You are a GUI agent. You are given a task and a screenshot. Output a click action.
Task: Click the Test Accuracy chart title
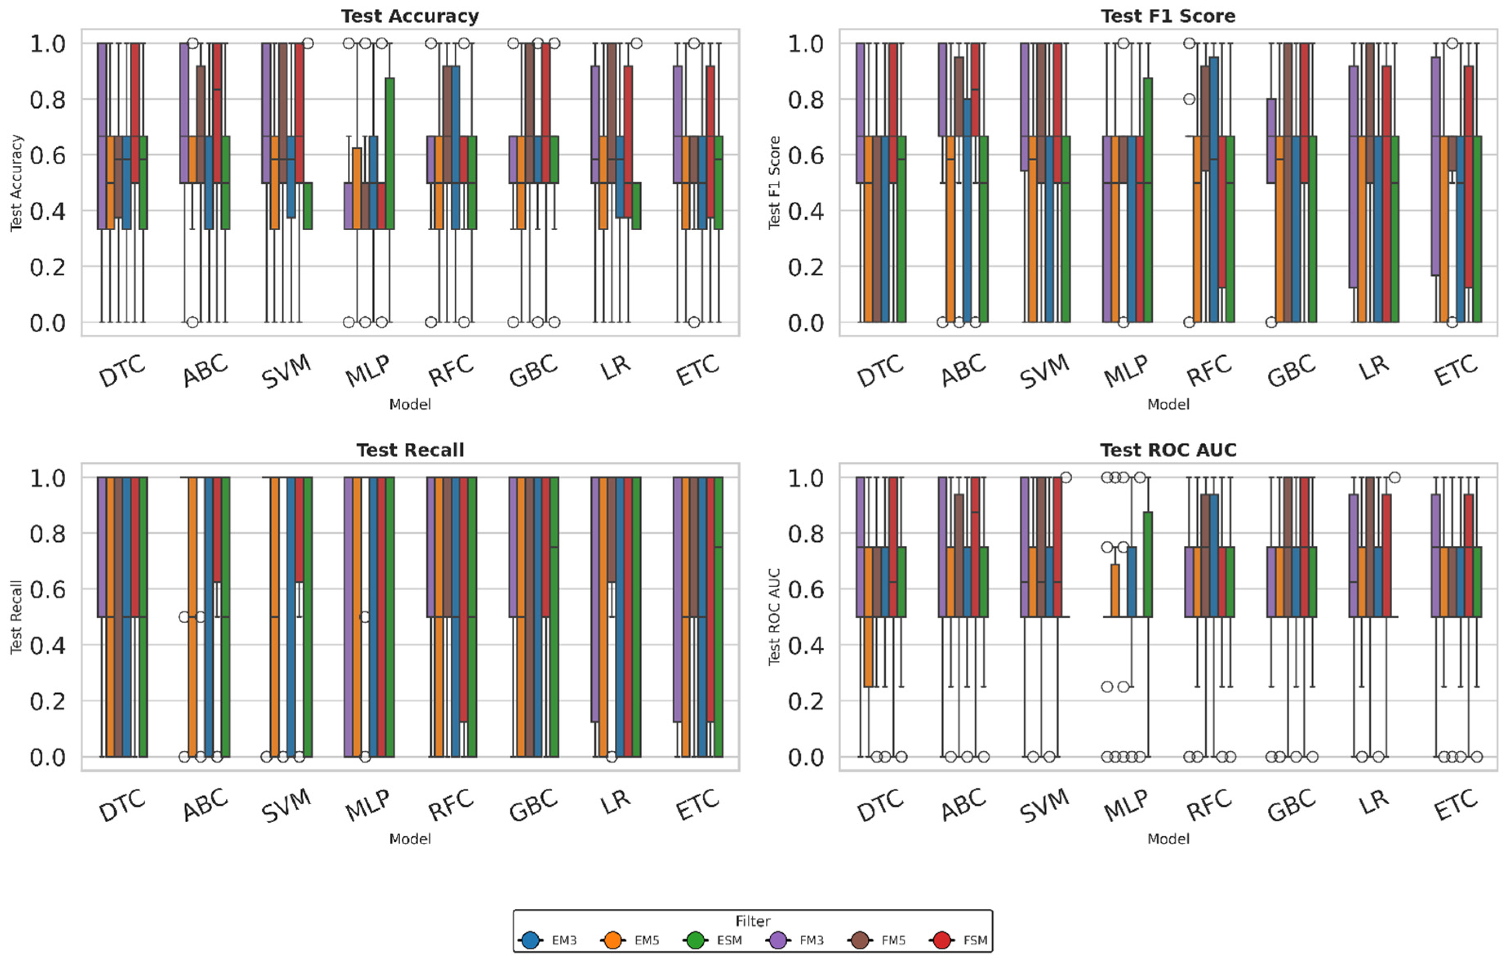(x=410, y=16)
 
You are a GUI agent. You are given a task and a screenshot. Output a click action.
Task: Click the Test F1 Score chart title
(x=1168, y=16)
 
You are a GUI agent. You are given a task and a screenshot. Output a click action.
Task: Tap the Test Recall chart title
(x=410, y=450)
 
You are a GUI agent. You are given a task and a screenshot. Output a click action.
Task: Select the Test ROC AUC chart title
(x=1168, y=450)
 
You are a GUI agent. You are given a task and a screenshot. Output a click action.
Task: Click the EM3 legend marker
(x=531, y=940)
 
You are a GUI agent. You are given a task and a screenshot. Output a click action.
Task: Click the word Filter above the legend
(x=753, y=921)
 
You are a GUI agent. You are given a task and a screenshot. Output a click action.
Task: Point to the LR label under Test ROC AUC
(x=1373, y=803)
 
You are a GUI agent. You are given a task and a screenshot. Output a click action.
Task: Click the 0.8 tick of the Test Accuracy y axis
(x=48, y=100)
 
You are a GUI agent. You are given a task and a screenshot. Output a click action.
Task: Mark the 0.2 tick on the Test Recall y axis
(x=48, y=701)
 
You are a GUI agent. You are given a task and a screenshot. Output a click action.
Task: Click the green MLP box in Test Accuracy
(x=390, y=154)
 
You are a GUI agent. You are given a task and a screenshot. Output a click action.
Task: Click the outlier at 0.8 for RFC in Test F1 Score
(x=1189, y=99)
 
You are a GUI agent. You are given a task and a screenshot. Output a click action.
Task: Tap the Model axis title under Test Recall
(x=410, y=839)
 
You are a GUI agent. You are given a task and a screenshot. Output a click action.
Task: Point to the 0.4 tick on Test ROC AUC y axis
(x=806, y=645)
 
